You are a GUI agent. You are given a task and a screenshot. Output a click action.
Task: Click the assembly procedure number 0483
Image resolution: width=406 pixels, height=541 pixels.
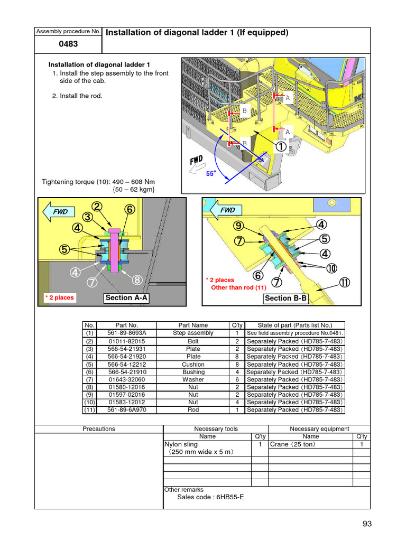(x=68, y=44)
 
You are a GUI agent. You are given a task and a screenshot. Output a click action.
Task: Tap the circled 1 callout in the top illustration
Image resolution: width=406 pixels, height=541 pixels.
(x=280, y=146)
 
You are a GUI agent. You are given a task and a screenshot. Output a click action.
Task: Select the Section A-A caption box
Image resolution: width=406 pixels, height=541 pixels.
(x=126, y=298)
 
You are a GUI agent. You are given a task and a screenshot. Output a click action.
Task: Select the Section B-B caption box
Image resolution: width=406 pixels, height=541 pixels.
(x=285, y=299)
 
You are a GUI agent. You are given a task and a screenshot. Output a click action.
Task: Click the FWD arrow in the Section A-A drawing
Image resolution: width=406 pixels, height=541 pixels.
(x=58, y=211)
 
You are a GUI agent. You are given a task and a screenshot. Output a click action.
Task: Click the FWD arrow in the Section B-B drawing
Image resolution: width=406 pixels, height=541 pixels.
(x=225, y=210)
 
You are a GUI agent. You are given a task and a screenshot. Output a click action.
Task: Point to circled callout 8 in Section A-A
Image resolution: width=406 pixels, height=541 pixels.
(x=137, y=279)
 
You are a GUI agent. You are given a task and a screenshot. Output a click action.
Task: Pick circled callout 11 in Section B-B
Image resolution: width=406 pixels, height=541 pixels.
(x=344, y=283)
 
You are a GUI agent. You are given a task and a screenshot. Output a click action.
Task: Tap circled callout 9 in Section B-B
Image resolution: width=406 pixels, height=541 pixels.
(x=239, y=226)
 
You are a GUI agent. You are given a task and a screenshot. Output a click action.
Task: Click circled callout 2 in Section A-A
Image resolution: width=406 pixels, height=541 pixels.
(x=97, y=207)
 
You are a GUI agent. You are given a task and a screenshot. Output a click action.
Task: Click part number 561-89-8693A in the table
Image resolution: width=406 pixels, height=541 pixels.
(x=126, y=333)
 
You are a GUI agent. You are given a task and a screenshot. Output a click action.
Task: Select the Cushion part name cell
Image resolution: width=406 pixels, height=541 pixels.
(x=193, y=365)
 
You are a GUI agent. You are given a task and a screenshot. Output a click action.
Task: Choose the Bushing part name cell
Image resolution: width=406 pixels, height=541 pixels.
(x=193, y=372)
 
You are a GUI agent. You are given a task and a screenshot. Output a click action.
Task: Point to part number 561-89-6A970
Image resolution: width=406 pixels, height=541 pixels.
(x=126, y=410)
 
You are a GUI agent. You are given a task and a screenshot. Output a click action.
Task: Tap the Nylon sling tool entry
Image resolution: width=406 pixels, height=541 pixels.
(x=181, y=444)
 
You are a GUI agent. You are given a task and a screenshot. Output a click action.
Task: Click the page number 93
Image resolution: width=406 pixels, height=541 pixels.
(x=367, y=524)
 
